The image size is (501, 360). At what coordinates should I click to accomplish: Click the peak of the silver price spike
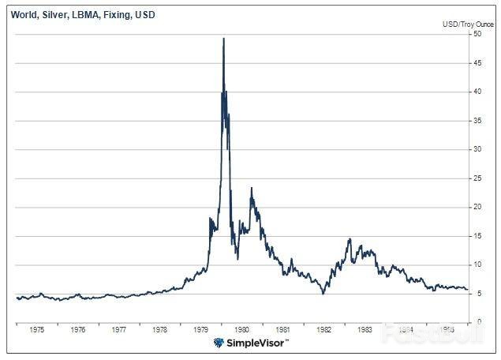[x=223, y=39]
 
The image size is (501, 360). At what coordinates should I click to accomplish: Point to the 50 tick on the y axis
[x=477, y=34]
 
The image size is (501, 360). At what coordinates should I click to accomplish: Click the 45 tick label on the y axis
[x=477, y=62]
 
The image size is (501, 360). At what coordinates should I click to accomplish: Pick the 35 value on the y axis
[x=477, y=120]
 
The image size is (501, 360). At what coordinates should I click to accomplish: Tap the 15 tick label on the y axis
[x=477, y=235]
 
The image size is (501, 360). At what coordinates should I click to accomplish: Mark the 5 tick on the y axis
[x=476, y=293]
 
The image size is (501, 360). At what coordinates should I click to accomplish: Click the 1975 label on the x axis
[x=36, y=330]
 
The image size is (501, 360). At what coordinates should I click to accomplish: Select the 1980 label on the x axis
[x=241, y=330]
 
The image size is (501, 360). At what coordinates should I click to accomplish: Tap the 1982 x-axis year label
[x=323, y=330]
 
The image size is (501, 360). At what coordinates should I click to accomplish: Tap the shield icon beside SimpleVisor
[x=218, y=343]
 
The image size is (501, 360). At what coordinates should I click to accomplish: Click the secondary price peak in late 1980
[x=252, y=189]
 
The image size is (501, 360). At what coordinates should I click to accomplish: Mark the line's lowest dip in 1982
[x=322, y=294]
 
